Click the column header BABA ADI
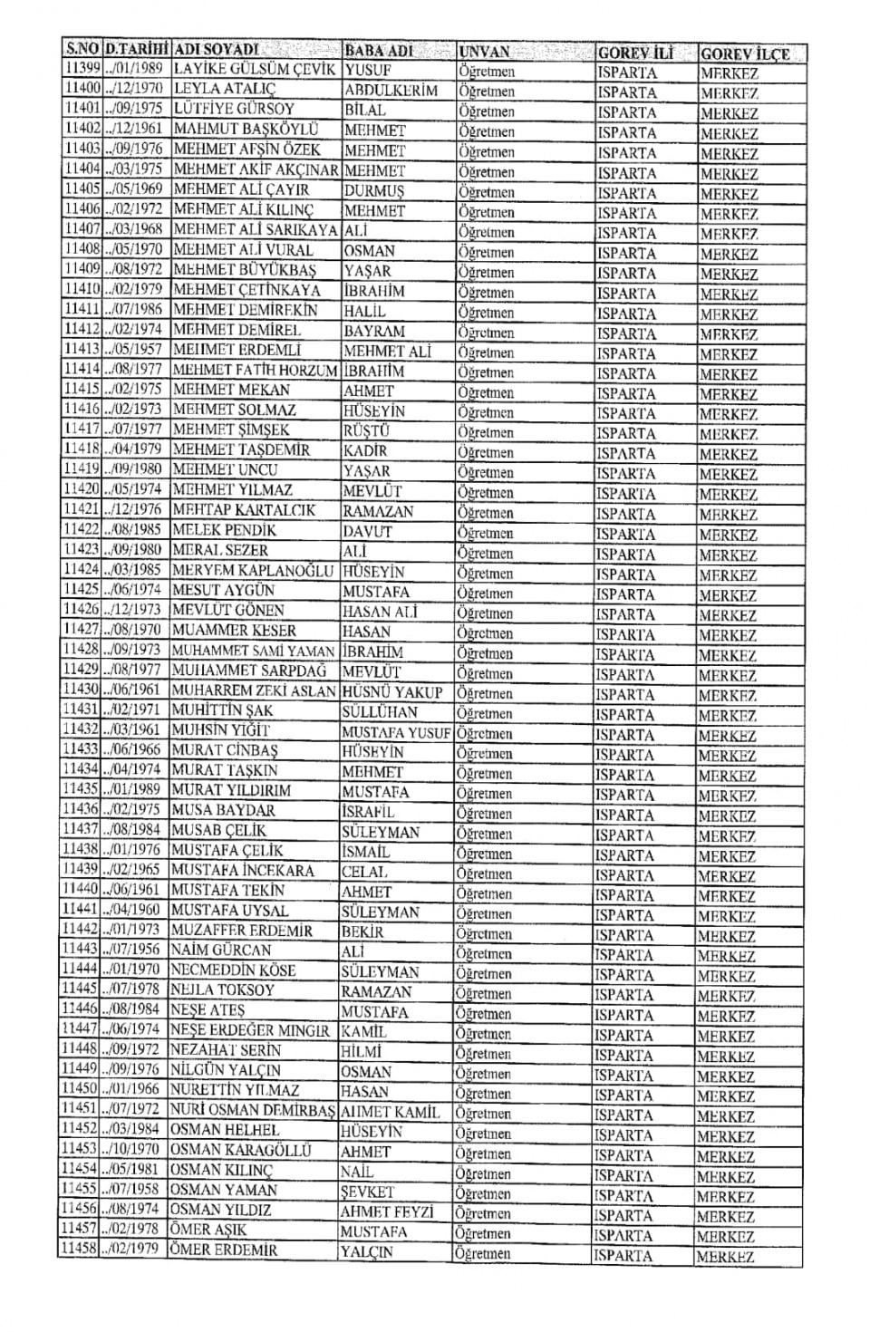pyautogui.click(x=385, y=51)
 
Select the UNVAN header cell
pyautogui.click(x=485, y=52)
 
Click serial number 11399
pyautogui.click(x=81, y=69)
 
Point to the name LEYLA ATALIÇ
pyautogui.click(x=224, y=90)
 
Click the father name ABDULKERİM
pyautogui.click(x=391, y=91)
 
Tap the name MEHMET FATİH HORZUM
pyautogui.click(x=255, y=370)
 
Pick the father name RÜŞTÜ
pyautogui.click(x=366, y=431)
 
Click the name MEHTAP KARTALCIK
pyautogui.click(x=244, y=510)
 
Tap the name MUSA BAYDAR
pyautogui.click(x=223, y=810)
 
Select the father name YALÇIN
pyautogui.click(x=366, y=1251)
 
